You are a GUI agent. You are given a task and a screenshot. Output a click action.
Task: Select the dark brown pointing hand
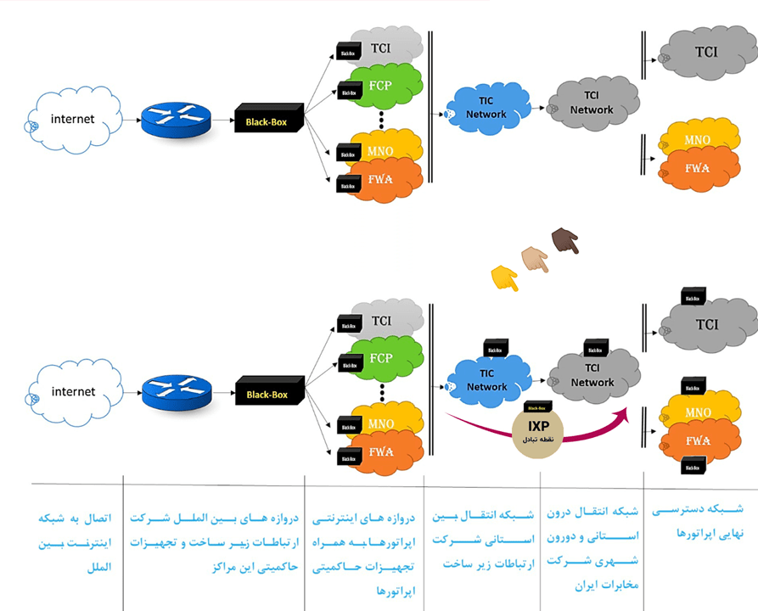[564, 241]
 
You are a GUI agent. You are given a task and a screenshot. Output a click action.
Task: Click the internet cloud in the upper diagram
[73, 120]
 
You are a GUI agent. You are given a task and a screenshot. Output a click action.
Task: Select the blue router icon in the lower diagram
[176, 391]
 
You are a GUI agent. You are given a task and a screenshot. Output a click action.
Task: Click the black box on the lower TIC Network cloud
[496, 347]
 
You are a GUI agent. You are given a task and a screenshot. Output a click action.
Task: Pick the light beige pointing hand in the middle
[534, 259]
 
